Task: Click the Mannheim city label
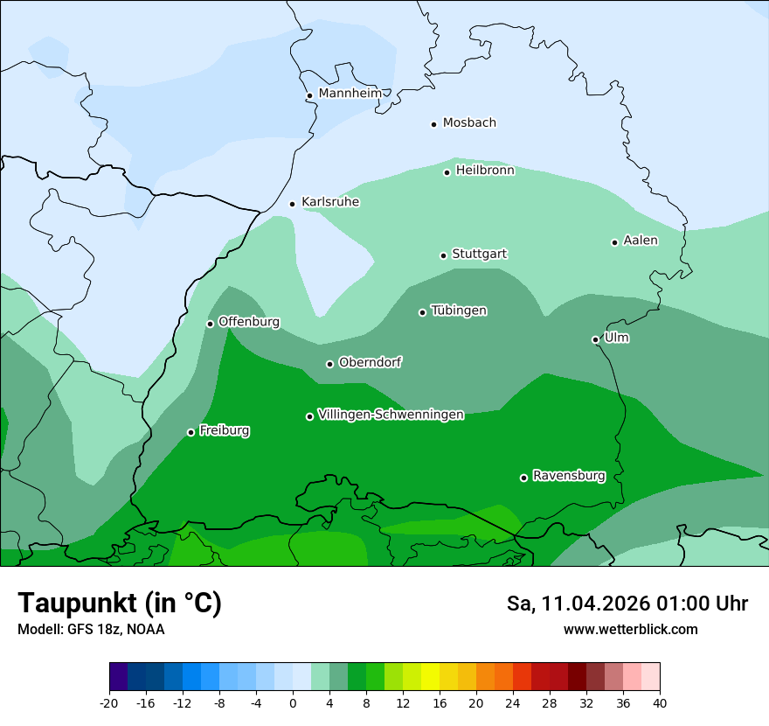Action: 350,93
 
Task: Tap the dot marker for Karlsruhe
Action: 293,204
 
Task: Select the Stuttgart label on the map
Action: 479,254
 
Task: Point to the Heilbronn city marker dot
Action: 447,172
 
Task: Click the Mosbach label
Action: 469,122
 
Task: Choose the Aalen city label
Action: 641,241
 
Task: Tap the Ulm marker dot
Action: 595,339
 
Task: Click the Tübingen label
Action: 459,311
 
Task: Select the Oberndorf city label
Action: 371,362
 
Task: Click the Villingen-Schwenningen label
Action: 391,415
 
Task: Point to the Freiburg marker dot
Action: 191,432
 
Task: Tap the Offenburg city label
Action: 249,322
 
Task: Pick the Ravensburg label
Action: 569,476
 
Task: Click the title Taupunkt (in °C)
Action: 120,603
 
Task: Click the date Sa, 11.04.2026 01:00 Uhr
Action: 627,604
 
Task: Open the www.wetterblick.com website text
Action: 630,629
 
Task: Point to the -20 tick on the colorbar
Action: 109,702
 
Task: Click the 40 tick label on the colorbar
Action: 660,702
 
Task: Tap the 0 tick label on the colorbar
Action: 293,702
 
